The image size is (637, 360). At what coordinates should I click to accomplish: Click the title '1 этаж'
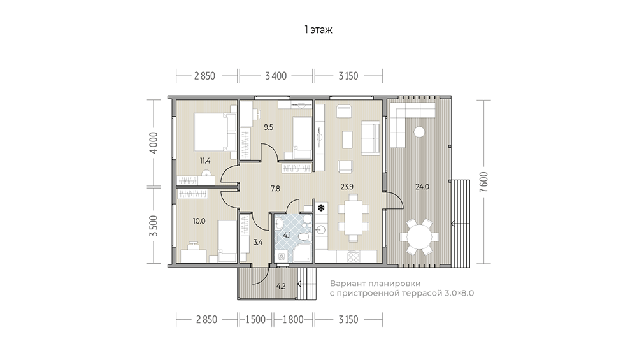click(x=318, y=30)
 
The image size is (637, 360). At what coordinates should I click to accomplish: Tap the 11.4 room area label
click(x=204, y=161)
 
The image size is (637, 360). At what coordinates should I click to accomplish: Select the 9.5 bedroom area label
click(x=268, y=127)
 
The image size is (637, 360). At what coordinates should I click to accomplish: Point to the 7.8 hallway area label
click(x=275, y=188)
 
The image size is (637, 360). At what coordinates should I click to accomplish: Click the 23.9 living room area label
click(x=347, y=187)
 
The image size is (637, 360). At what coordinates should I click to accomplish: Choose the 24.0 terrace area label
click(x=422, y=187)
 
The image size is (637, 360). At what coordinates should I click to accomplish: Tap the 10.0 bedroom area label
click(x=199, y=221)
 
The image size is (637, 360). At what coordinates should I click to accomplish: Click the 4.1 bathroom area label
click(x=287, y=235)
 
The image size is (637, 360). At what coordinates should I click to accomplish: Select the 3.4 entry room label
click(x=257, y=243)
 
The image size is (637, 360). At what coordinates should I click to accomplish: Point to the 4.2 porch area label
click(x=281, y=286)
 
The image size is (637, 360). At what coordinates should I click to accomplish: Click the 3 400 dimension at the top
click(x=276, y=76)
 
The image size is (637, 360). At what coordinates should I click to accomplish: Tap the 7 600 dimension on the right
click(x=483, y=182)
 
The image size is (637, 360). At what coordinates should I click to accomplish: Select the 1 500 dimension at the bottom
click(x=255, y=320)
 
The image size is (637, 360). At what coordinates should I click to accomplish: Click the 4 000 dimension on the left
click(x=153, y=143)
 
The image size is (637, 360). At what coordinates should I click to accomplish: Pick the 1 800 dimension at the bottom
click(x=293, y=320)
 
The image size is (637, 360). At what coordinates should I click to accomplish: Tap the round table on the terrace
click(x=419, y=237)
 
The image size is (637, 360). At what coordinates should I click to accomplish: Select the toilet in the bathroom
click(x=303, y=236)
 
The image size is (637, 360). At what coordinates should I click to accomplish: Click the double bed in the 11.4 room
click(x=215, y=132)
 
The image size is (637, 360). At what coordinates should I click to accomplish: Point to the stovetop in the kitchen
click(x=353, y=256)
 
